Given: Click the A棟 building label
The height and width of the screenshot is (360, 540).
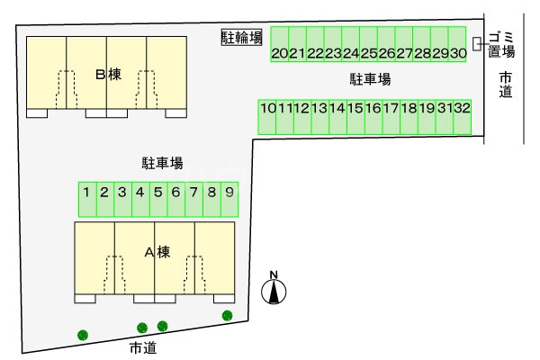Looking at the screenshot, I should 157,252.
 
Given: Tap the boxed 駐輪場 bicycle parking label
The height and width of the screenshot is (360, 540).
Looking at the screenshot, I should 242,38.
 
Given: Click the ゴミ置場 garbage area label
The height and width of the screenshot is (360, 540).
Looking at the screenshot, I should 501,44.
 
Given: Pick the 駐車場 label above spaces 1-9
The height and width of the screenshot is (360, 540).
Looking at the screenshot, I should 163,164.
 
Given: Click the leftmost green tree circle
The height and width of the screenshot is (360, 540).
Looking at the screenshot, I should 83,335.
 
